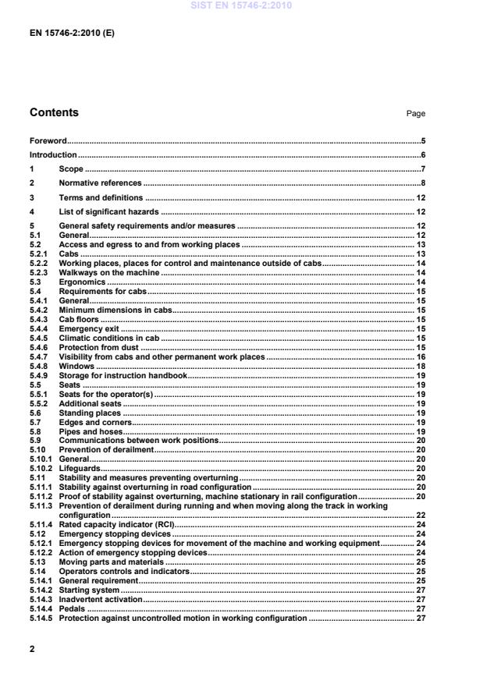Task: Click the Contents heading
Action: (x=54, y=112)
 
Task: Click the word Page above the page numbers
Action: (x=415, y=114)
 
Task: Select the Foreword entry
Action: (x=48, y=141)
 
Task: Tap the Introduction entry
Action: (x=53, y=155)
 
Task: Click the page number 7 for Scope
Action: (x=422, y=169)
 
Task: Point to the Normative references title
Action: (x=100, y=183)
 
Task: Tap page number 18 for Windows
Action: (x=420, y=366)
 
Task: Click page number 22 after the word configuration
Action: (x=420, y=516)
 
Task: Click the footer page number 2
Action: (x=32, y=648)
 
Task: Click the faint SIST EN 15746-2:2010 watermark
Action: (x=241, y=5)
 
